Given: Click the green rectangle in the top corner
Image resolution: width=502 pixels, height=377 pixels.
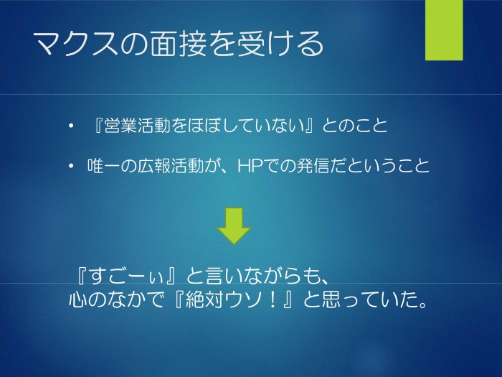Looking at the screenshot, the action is pyautogui.click(x=444, y=30).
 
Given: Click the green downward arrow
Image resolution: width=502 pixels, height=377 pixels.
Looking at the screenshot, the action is pyautogui.click(x=234, y=226).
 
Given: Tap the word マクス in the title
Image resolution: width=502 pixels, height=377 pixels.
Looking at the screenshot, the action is pyautogui.click(x=75, y=44).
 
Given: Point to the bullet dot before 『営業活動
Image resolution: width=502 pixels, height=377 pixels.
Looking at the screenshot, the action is pyautogui.click(x=71, y=126).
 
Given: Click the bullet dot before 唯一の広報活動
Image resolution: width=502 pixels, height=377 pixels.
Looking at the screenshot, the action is pyautogui.click(x=71, y=166).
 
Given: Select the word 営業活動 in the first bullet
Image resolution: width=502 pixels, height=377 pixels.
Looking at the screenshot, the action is pyautogui.click(x=138, y=126).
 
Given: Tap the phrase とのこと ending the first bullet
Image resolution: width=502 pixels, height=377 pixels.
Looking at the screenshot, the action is pyautogui.click(x=354, y=126).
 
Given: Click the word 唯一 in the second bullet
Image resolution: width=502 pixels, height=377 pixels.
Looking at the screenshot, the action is pyautogui.click(x=105, y=166).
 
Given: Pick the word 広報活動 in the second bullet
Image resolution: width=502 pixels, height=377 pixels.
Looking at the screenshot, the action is pyautogui.click(x=171, y=166).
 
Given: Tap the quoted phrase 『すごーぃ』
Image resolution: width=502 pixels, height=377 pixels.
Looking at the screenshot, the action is pyautogui.click(x=126, y=276).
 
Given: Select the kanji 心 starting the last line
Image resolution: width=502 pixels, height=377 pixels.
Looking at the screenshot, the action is pyautogui.click(x=77, y=299).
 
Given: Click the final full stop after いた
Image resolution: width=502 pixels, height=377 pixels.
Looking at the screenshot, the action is pyautogui.click(x=423, y=304).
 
